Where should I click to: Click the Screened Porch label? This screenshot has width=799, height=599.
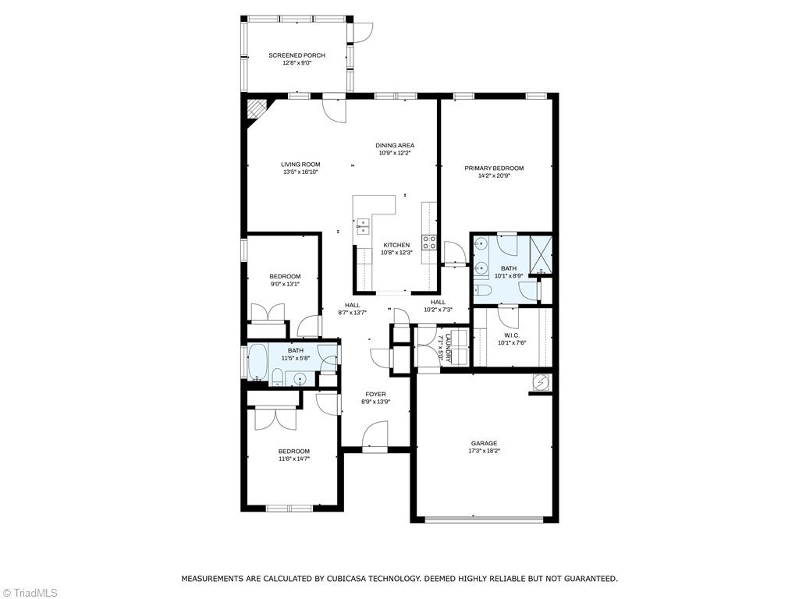point(297,55)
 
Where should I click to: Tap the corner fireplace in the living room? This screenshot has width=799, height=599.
point(256,109)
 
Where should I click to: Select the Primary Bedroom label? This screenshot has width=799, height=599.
point(494,168)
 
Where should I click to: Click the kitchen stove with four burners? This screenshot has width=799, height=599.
point(429,242)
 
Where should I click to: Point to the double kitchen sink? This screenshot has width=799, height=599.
point(363,226)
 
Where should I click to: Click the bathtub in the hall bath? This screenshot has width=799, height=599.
point(257,362)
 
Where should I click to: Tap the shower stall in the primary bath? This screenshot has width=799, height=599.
point(541,253)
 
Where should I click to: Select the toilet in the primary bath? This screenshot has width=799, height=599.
point(482,290)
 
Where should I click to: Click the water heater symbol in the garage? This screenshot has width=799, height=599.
point(541,382)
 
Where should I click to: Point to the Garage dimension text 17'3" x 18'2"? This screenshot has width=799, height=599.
point(484,451)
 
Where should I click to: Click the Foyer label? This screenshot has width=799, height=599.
point(375,394)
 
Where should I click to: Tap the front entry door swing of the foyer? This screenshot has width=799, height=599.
point(375,434)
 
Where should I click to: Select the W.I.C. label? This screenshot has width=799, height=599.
point(512,335)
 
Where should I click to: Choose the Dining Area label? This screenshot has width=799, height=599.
point(395,145)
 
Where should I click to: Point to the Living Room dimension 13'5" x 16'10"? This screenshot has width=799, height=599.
point(300,172)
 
